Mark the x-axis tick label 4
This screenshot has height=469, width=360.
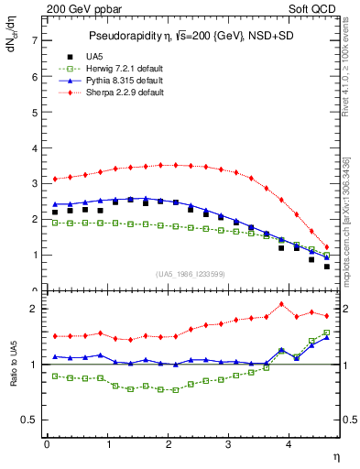click(x=289, y=444)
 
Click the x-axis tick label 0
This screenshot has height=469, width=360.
click(x=47, y=444)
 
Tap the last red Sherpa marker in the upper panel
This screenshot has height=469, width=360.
click(x=327, y=247)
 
